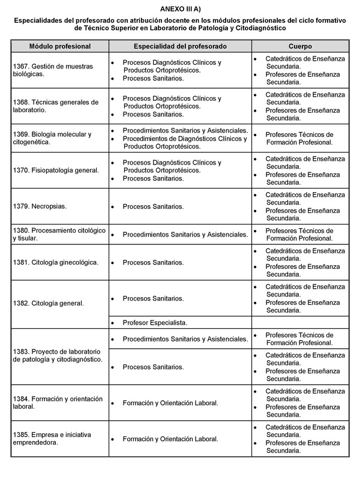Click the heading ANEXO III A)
coord(180,9)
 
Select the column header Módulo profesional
coord(60,46)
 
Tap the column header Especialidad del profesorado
coord(180,46)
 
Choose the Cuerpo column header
coord(299,46)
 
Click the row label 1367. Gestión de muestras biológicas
coord(50,70)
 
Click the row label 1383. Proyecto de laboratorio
coord(58,355)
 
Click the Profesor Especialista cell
coord(155,323)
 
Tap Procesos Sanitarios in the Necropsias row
coord(153,206)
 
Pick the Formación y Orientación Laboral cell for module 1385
coord(170,439)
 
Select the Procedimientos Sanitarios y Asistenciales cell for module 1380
coord(185,234)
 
